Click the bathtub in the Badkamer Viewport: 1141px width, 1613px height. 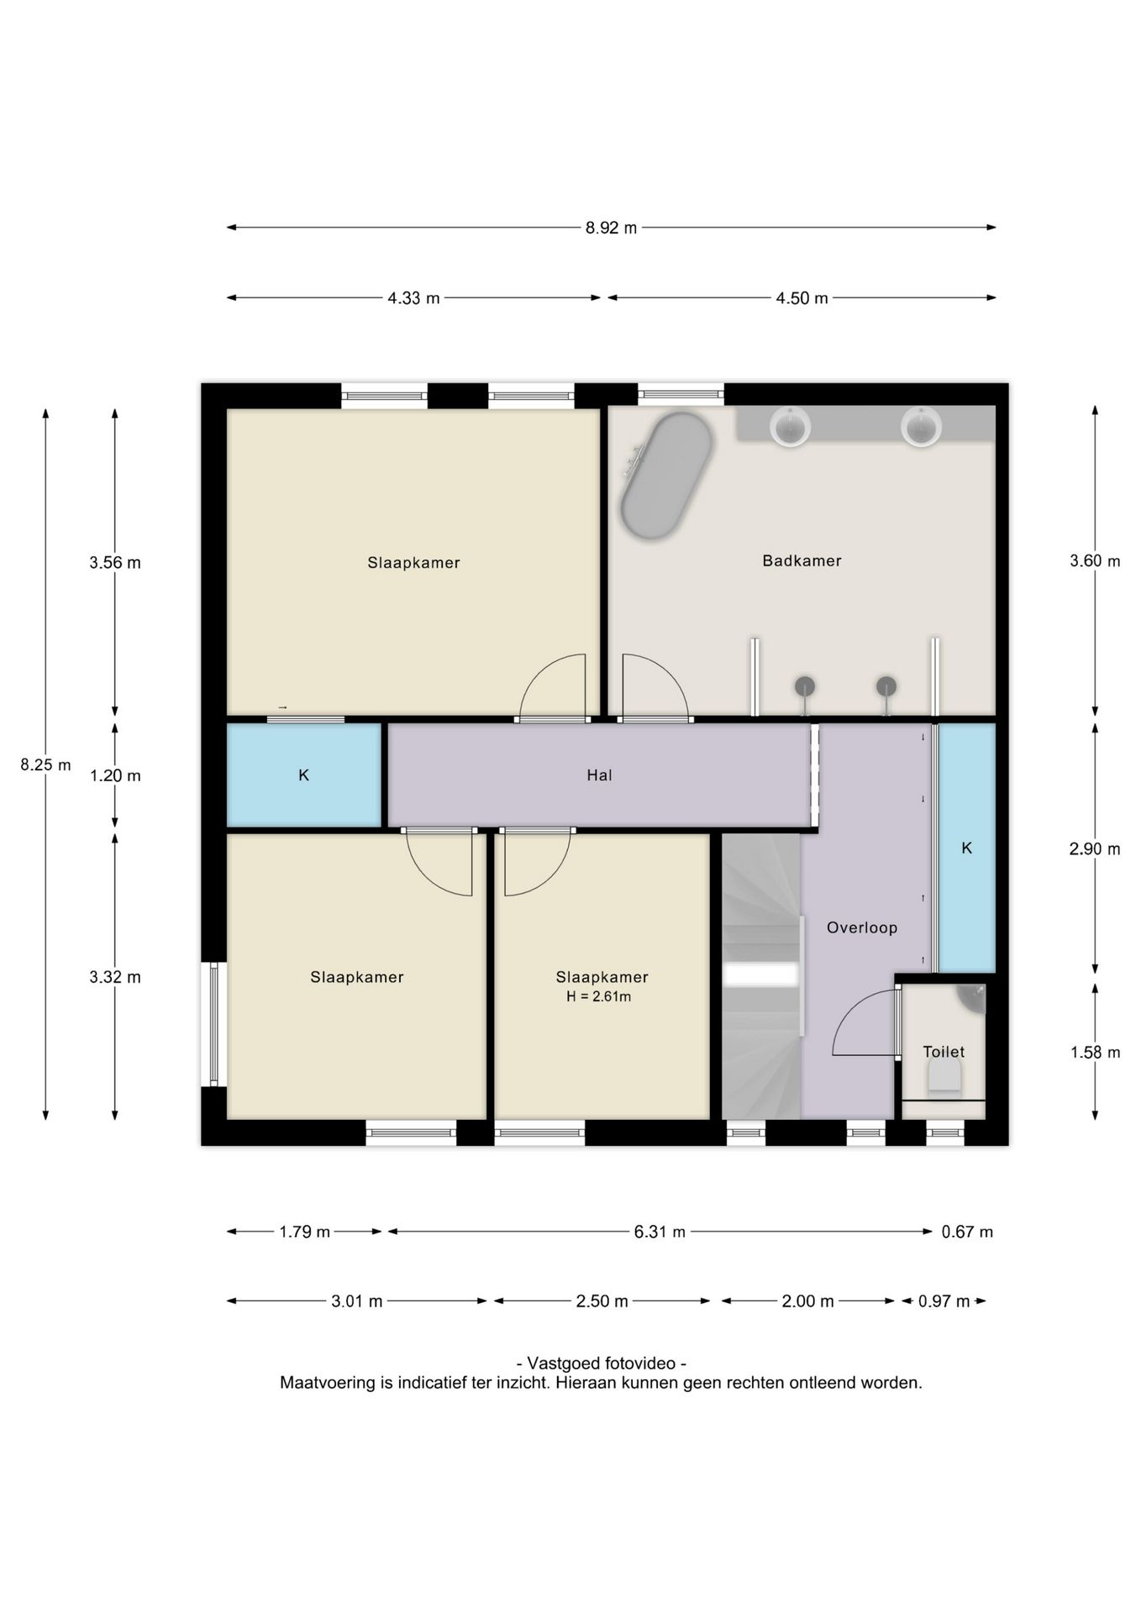[666, 475]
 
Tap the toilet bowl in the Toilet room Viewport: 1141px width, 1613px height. [944, 1074]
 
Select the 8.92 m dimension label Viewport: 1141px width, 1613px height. [611, 228]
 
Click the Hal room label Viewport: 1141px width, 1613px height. [599, 775]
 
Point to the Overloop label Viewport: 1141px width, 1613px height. [862, 927]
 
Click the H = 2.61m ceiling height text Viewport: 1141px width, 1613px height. [599, 997]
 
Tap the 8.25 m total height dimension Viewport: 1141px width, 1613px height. [46, 764]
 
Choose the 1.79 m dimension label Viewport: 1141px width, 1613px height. [304, 1232]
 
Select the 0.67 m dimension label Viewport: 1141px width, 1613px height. [967, 1232]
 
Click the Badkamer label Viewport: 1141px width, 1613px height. [802, 560]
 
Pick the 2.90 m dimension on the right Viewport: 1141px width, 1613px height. [1095, 849]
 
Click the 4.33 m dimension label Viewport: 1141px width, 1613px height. [413, 298]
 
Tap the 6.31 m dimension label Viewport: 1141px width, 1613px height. [660, 1232]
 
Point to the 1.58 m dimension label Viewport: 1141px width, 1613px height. [1095, 1052]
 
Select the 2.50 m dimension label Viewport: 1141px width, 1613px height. [602, 1301]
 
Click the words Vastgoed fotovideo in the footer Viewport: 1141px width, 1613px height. [602, 1363]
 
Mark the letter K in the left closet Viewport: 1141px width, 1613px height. [304, 775]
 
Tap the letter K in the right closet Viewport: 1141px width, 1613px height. [967, 849]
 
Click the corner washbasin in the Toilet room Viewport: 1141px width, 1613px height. [973, 997]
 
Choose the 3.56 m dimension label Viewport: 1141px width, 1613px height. [115, 563]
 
